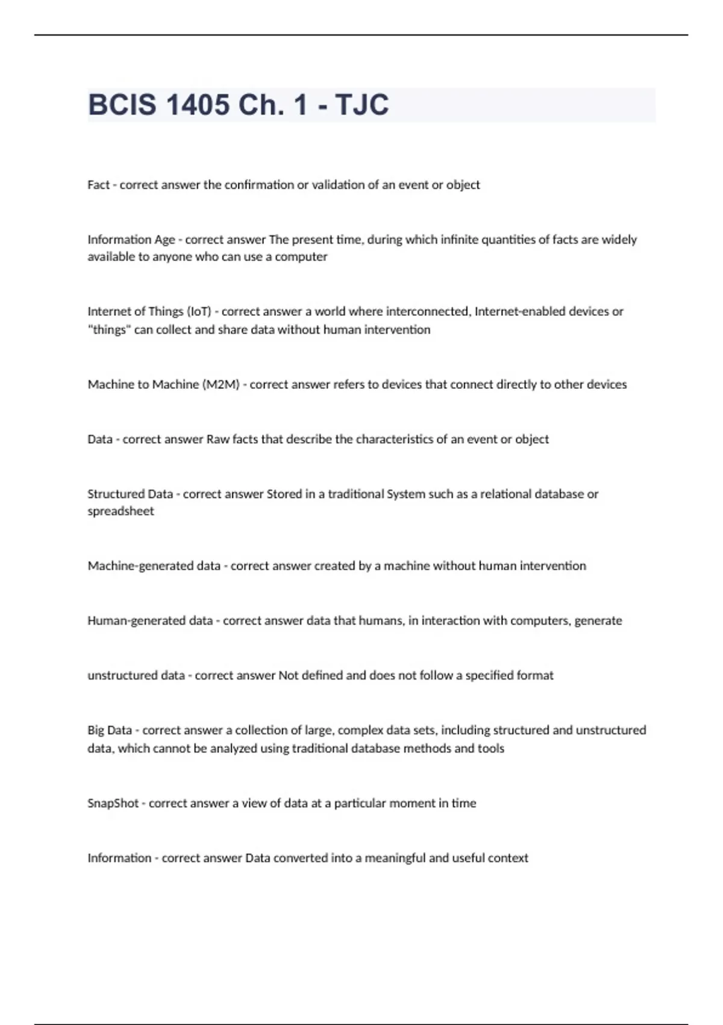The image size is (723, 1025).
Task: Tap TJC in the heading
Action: [361, 105]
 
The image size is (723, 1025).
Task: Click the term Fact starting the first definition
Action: [98, 185]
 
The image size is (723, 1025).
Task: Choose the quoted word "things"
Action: [109, 330]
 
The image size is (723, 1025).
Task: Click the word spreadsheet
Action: [120, 511]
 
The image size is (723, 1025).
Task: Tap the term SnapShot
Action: [113, 804]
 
